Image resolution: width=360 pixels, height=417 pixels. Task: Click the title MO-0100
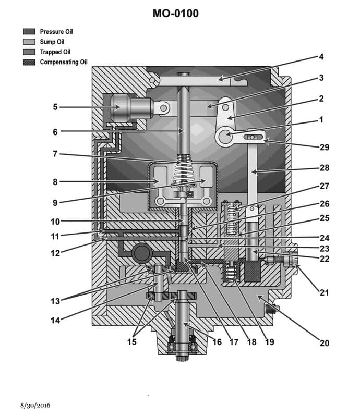175,14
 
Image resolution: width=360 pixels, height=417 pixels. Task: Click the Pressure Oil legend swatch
29,32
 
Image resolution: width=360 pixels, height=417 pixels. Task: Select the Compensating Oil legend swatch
29,62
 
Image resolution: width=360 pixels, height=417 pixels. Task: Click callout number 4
321,56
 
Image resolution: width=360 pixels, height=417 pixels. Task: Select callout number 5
55,107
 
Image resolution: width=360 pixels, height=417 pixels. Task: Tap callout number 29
324,147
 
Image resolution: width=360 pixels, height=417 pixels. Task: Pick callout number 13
55,300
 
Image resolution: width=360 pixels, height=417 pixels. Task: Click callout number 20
324,343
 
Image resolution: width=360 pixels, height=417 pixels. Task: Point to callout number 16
217,342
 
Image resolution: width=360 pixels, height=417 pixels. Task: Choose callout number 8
55,182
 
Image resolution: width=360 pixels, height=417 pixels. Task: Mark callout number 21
324,293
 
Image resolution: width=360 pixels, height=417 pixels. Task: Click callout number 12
55,253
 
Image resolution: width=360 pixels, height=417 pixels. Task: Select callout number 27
324,186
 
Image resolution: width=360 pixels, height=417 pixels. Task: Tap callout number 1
321,119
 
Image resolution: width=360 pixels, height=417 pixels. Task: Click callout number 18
251,342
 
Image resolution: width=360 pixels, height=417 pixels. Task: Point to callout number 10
55,221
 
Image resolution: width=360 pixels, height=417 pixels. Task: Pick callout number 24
324,238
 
